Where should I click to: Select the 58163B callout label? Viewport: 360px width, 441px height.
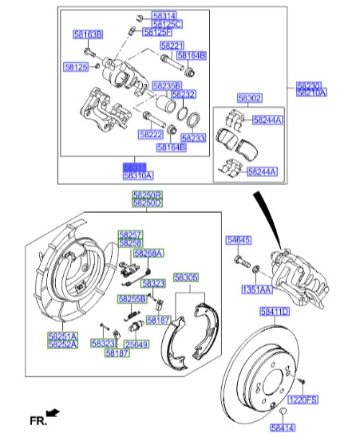click(88, 34)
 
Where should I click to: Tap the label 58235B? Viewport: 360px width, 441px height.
click(166, 85)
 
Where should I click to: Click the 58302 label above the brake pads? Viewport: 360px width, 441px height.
click(249, 98)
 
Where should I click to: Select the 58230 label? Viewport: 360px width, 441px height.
click(311, 85)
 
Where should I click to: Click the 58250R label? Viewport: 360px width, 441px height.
click(147, 195)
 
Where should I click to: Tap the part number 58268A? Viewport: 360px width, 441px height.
click(148, 253)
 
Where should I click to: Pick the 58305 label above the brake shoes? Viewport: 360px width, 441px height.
click(186, 277)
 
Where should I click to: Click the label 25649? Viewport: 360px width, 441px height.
click(138, 344)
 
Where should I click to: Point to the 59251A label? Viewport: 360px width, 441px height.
click(62, 337)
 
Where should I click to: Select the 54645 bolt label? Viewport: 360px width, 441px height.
click(238, 239)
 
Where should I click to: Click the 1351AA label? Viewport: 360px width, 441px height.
click(258, 290)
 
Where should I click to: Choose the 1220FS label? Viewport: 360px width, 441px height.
click(303, 399)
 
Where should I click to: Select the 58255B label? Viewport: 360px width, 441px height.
click(132, 298)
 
